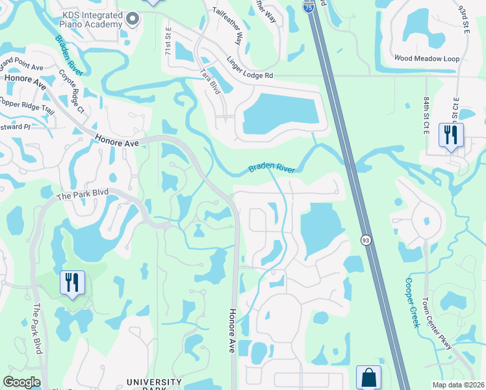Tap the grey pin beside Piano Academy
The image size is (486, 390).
[133, 19]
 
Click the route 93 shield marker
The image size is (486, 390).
[366, 240]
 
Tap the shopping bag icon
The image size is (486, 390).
[368, 378]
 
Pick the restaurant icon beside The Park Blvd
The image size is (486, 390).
[72, 283]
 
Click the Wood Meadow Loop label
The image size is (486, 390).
[427, 58]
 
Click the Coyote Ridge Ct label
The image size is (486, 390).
[72, 91]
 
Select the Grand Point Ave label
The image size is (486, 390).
[21, 64]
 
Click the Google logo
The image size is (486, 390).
[22, 382]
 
